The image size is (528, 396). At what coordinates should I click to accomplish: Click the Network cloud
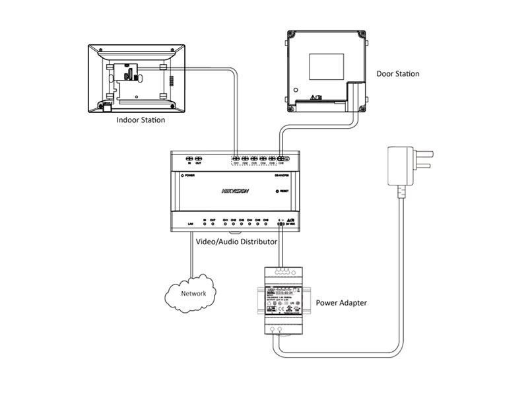193,293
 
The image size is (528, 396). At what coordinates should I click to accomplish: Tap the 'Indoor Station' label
141,121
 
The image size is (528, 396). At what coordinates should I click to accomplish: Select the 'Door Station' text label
397,74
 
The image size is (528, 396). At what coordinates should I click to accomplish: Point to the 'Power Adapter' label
341,304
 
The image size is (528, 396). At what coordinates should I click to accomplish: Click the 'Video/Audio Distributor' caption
236,242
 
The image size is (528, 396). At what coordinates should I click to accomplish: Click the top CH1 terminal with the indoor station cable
236,159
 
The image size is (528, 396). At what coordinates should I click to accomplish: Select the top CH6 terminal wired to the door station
282,159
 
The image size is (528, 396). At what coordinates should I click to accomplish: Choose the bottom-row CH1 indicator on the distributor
225,225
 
